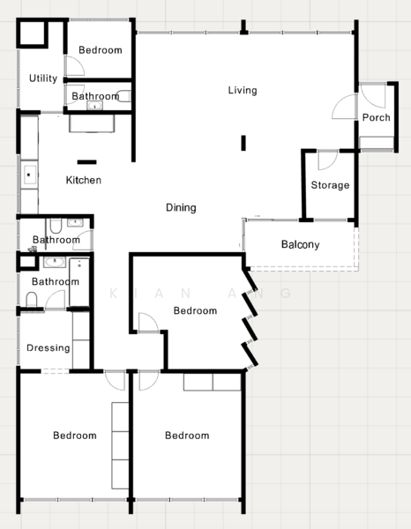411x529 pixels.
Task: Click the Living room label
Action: (243, 90)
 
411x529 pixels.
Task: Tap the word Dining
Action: (181, 207)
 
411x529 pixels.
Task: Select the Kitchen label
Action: (84, 180)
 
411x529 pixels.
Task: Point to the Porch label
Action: (376, 117)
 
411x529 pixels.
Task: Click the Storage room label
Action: (330, 185)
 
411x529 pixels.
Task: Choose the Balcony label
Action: (301, 244)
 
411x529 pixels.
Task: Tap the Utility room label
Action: (43, 78)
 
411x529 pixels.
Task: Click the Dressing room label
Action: (49, 348)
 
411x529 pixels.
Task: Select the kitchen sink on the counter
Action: (29, 175)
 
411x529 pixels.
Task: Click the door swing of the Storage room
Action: (327, 160)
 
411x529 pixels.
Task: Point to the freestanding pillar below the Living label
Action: (243, 143)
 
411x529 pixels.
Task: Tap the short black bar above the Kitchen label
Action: (86, 162)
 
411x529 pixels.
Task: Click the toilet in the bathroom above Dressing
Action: (32, 300)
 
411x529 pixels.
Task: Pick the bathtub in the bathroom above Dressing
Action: (79, 282)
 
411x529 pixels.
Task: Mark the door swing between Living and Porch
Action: (345, 107)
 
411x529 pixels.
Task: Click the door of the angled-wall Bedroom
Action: (148, 323)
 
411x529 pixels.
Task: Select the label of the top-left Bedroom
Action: (101, 50)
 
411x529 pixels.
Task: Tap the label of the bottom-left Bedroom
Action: (75, 436)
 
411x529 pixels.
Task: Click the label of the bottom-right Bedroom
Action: (187, 436)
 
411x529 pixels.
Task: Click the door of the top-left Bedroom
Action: (75, 65)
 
